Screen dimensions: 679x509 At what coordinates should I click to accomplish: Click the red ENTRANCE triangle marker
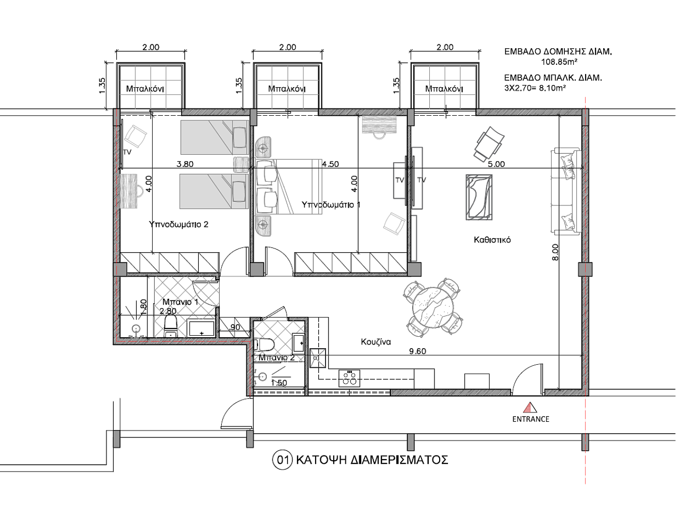[x=530, y=407]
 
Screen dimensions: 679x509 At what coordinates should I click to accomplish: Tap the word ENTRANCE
[x=531, y=419]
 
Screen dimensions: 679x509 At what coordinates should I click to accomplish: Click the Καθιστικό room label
[x=492, y=240]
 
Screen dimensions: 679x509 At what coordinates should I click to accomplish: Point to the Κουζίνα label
[x=376, y=342]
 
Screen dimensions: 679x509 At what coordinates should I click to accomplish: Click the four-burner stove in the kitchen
[x=349, y=378]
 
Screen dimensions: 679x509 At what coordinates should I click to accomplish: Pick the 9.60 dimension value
[x=417, y=351]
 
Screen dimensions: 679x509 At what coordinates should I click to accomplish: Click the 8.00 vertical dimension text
[x=555, y=252]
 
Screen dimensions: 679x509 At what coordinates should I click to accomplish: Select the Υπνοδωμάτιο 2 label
[x=179, y=224]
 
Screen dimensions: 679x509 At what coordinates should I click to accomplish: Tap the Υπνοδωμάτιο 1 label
[x=331, y=204]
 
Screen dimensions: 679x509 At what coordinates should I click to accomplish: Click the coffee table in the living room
[x=479, y=197]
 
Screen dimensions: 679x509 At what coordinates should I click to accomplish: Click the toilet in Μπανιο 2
[x=264, y=345]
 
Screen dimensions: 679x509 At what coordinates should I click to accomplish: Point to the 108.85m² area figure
[x=559, y=62]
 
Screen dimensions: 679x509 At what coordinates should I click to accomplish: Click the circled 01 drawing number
[x=282, y=460]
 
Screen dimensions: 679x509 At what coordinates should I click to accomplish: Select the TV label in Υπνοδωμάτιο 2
[x=127, y=152]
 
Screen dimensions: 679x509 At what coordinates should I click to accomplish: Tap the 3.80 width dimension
[x=185, y=164]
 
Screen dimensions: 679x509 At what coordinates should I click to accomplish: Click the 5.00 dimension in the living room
[x=496, y=164]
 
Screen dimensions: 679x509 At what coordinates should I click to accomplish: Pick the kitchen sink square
[x=318, y=358]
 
